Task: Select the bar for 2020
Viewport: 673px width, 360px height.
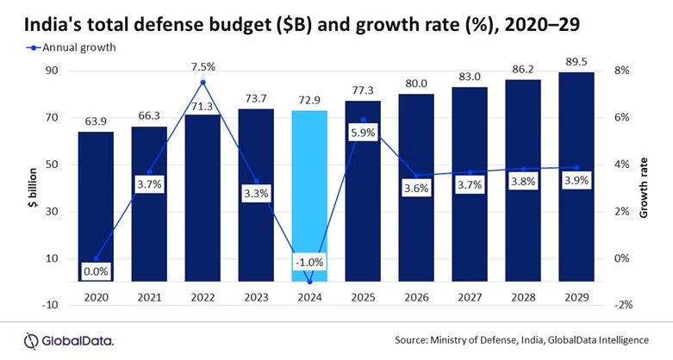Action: tap(97, 206)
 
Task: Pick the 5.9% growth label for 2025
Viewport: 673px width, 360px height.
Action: tap(363, 133)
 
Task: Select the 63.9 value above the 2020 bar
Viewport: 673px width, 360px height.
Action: tap(97, 121)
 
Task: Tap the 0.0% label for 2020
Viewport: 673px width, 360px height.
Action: tap(97, 272)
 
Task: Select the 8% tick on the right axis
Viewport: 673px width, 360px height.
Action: tap(624, 70)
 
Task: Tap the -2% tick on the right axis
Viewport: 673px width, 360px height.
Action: tap(622, 305)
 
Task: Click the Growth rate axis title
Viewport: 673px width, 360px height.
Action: tap(644, 187)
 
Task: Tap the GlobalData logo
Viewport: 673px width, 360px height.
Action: tap(69, 339)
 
